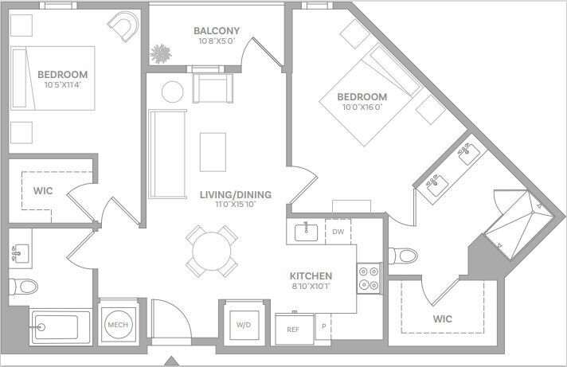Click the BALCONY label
217,32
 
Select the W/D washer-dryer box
243,324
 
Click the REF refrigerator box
293,327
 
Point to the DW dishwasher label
338,232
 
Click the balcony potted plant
162,54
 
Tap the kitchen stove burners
369,278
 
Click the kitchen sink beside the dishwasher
306,232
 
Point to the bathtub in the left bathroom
57,326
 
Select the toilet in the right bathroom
404,256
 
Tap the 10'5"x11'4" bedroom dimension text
62,84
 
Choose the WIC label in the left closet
42,191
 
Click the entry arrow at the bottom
170,359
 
